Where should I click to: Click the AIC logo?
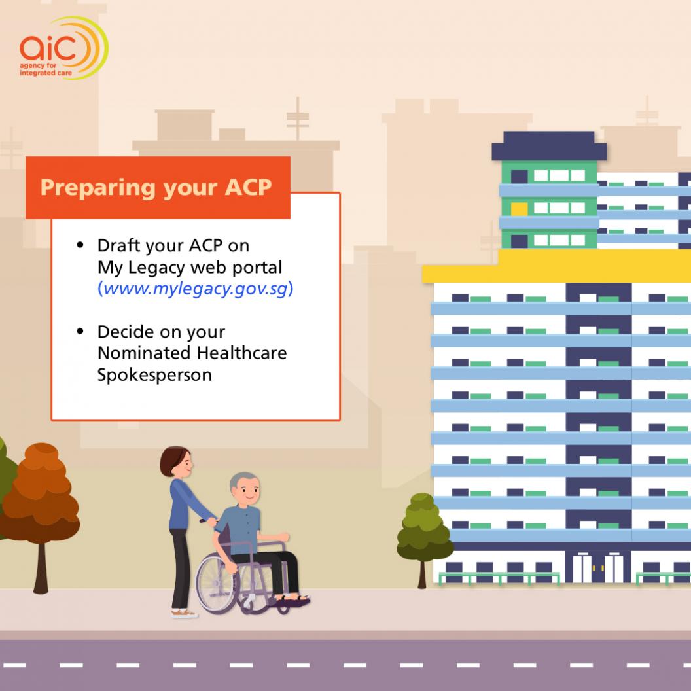point(63,48)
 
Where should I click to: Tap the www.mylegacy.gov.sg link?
point(195,289)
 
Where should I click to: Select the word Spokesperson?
point(154,375)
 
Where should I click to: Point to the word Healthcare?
point(241,353)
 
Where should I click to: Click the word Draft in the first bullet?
point(116,245)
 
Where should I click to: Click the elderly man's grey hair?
point(242,480)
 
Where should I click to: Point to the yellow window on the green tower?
point(519,209)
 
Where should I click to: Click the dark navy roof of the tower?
point(549,146)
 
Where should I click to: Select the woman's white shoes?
point(185,613)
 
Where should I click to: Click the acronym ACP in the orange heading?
point(248,187)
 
